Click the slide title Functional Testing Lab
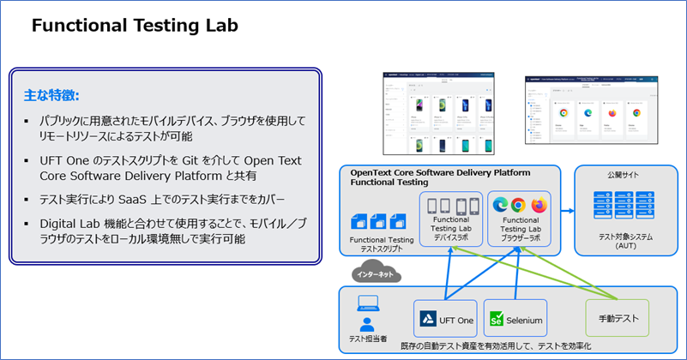[x=135, y=27]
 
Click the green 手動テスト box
[x=617, y=319]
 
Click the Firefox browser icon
[x=539, y=204]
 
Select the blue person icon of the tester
[x=367, y=325]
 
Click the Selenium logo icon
[x=496, y=321]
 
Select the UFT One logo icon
[x=428, y=320]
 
